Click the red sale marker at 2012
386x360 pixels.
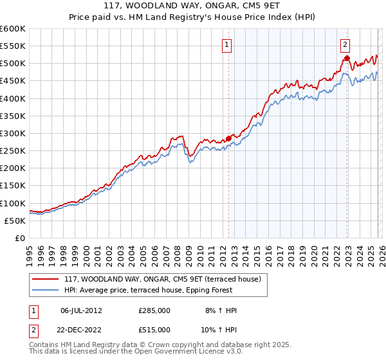(x=228, y=138)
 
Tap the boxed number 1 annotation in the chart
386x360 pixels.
(x=228, y=44)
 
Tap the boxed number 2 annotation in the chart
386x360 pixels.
(x=345, y=44)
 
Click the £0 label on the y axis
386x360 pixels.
(x=21, y=238)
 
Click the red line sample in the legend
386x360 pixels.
(x=46, y=279)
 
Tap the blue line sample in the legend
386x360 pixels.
(x=46, y=289)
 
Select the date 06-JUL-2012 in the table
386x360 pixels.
(x=82, y=310)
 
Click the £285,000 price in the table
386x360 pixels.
(x=154, y=310)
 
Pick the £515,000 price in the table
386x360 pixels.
(x=154, y=329)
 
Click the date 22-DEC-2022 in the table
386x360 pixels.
(x=82, y=329)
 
